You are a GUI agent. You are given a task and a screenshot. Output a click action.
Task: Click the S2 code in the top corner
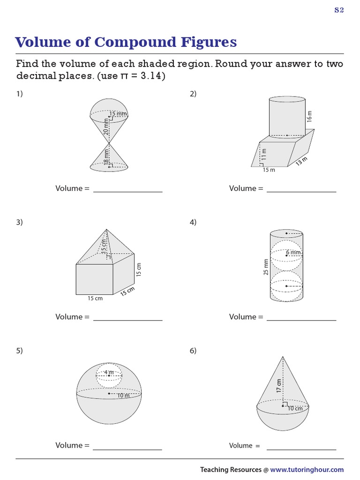(x=339, y=11)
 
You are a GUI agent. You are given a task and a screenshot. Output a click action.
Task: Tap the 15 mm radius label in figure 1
(x=118, y=114)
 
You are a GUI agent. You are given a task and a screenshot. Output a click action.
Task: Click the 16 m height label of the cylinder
(x=309, y=117)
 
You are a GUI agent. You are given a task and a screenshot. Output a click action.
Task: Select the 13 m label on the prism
(x=301, y=161)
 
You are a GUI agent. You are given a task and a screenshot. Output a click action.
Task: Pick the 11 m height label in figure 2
(x=263, y=154)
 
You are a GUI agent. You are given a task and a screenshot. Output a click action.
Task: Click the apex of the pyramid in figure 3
(x=107, y=229)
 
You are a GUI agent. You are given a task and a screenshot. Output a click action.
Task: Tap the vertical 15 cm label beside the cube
(x=138, y=269)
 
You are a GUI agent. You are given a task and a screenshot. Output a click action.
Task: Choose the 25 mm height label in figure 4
(x=266, y=266)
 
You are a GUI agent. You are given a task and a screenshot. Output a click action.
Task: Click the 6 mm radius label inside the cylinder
(x=293, y=253)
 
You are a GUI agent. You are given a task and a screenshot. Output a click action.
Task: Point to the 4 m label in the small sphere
(x=109, y=373)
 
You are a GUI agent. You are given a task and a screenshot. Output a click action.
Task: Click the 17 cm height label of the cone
(x=279, y=385)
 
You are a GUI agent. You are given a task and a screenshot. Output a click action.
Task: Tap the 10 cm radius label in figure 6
(x=295, y=408)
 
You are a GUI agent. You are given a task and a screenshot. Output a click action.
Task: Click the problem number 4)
(x=193, y=222)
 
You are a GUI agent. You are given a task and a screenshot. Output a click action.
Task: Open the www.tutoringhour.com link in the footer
(x=307, y=470)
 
